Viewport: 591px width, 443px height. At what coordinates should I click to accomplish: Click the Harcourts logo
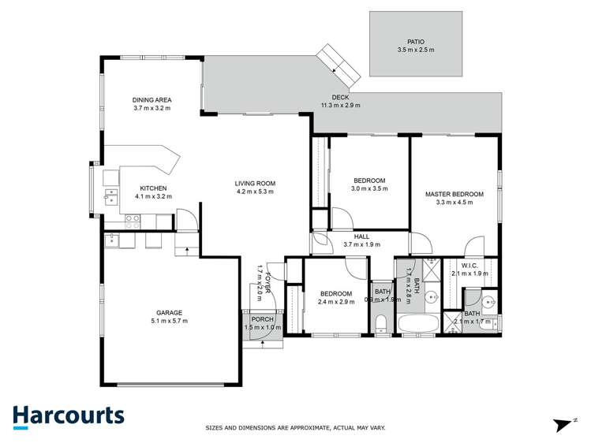click(x=68, y=415)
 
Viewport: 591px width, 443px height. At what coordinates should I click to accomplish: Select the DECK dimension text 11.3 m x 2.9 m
click(x=340, y=105)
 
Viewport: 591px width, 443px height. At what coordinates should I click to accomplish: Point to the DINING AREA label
click(x=151, y=100)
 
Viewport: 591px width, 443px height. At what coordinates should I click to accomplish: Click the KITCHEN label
click(x=152, y=188)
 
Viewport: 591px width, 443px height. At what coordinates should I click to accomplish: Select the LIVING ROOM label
click(x=255, y=184)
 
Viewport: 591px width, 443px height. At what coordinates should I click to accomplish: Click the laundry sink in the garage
click(x=111, y=240)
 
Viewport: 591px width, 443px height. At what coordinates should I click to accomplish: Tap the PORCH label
click(x=262, y=319)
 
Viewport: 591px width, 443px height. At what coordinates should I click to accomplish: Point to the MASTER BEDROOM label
click(x=454, y=193)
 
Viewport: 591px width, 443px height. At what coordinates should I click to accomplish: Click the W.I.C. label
click(x=469, y=266)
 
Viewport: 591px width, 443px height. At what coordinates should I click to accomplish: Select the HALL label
click(x=361, y=236)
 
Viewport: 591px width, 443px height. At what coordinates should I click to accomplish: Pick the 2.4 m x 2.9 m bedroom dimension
click(x=336, y=302)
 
